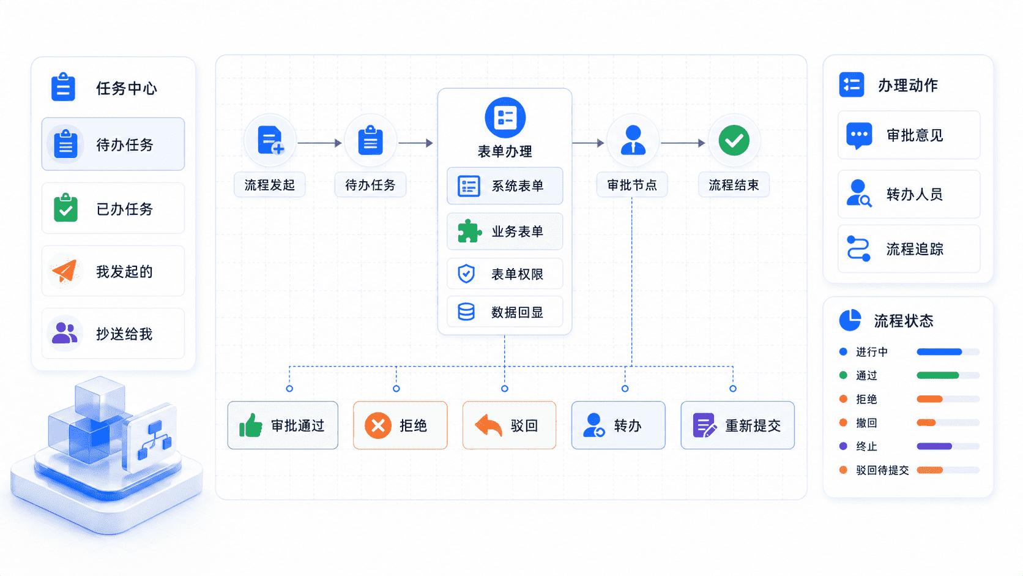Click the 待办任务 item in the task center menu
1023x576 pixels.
pos(113,144)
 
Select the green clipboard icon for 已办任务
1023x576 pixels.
pos(65,208)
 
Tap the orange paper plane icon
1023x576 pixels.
pos(65,271)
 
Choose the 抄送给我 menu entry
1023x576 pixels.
pos(113,334)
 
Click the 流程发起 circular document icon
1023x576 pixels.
pos(270,141)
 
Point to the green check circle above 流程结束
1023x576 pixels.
pos(734,141)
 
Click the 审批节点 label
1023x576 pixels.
pos(632,185)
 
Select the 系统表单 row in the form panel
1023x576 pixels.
pos(505,185)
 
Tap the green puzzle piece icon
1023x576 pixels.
pos(469,231)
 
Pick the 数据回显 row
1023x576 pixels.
pos(505,312)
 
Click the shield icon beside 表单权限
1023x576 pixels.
pos(466,274)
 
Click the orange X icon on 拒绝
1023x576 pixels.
pos(378,425)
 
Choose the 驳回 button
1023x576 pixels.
pos(509,425)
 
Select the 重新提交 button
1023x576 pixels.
pos(737,425)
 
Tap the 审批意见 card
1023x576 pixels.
pos(909,135)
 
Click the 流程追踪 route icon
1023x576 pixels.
pos(858,249)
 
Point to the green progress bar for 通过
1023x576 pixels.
pos(938,375)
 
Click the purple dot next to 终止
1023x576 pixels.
pos(843,446)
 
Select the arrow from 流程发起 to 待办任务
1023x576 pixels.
pos(319,143)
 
